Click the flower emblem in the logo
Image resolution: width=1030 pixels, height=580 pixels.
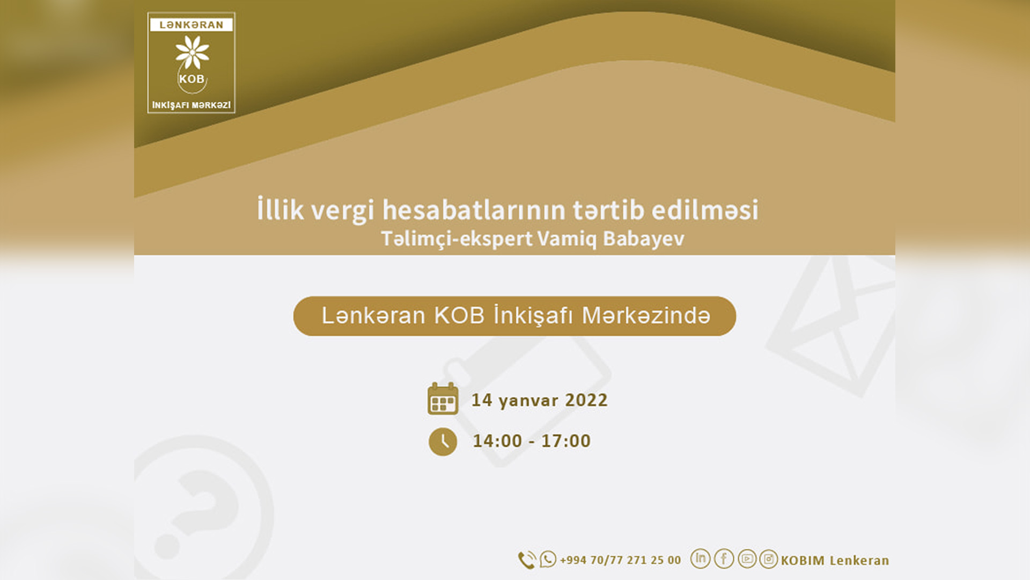(x=192, y=52)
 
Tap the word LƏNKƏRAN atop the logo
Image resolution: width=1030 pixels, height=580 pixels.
(x=192, y=25)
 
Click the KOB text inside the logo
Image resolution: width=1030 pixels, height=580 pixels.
(x=192, y=79)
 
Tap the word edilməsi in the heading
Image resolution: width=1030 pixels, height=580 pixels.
(x=705, y=209)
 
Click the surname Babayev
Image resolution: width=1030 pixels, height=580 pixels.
(x=644, y=238)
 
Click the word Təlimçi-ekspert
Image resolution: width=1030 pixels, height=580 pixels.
(x=457, y=238)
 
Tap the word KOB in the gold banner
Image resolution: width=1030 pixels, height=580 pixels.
(x=459, y=316)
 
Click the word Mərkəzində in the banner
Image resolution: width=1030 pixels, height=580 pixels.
(x=646, y=316)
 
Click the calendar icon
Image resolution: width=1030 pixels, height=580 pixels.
(x=443, y=398)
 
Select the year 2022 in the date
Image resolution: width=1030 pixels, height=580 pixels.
(x=586, y=400)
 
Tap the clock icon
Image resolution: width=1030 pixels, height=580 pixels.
(x=443, y=441)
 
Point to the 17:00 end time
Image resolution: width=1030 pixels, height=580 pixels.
(x=566, y=441)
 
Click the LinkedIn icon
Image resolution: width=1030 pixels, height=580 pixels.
(x=701, y=559)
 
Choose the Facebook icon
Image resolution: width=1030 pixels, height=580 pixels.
(x=724, y=559)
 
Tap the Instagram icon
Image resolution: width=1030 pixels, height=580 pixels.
(x=769, y=559)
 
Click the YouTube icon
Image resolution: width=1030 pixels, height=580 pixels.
(x=747, y=559)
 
